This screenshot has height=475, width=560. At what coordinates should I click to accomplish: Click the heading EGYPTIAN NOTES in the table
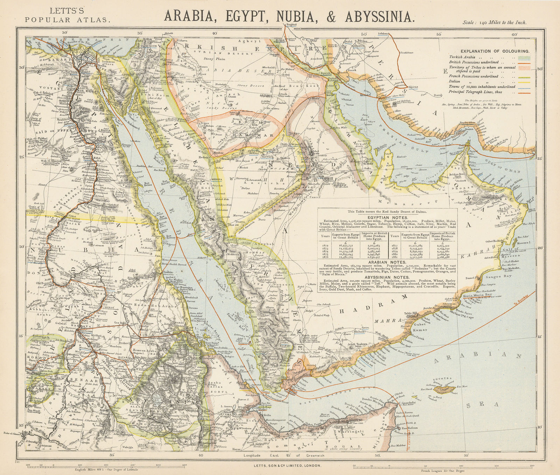387,217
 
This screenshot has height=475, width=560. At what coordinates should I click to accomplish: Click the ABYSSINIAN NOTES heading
387,277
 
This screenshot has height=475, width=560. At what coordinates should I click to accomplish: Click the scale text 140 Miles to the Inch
494,22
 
